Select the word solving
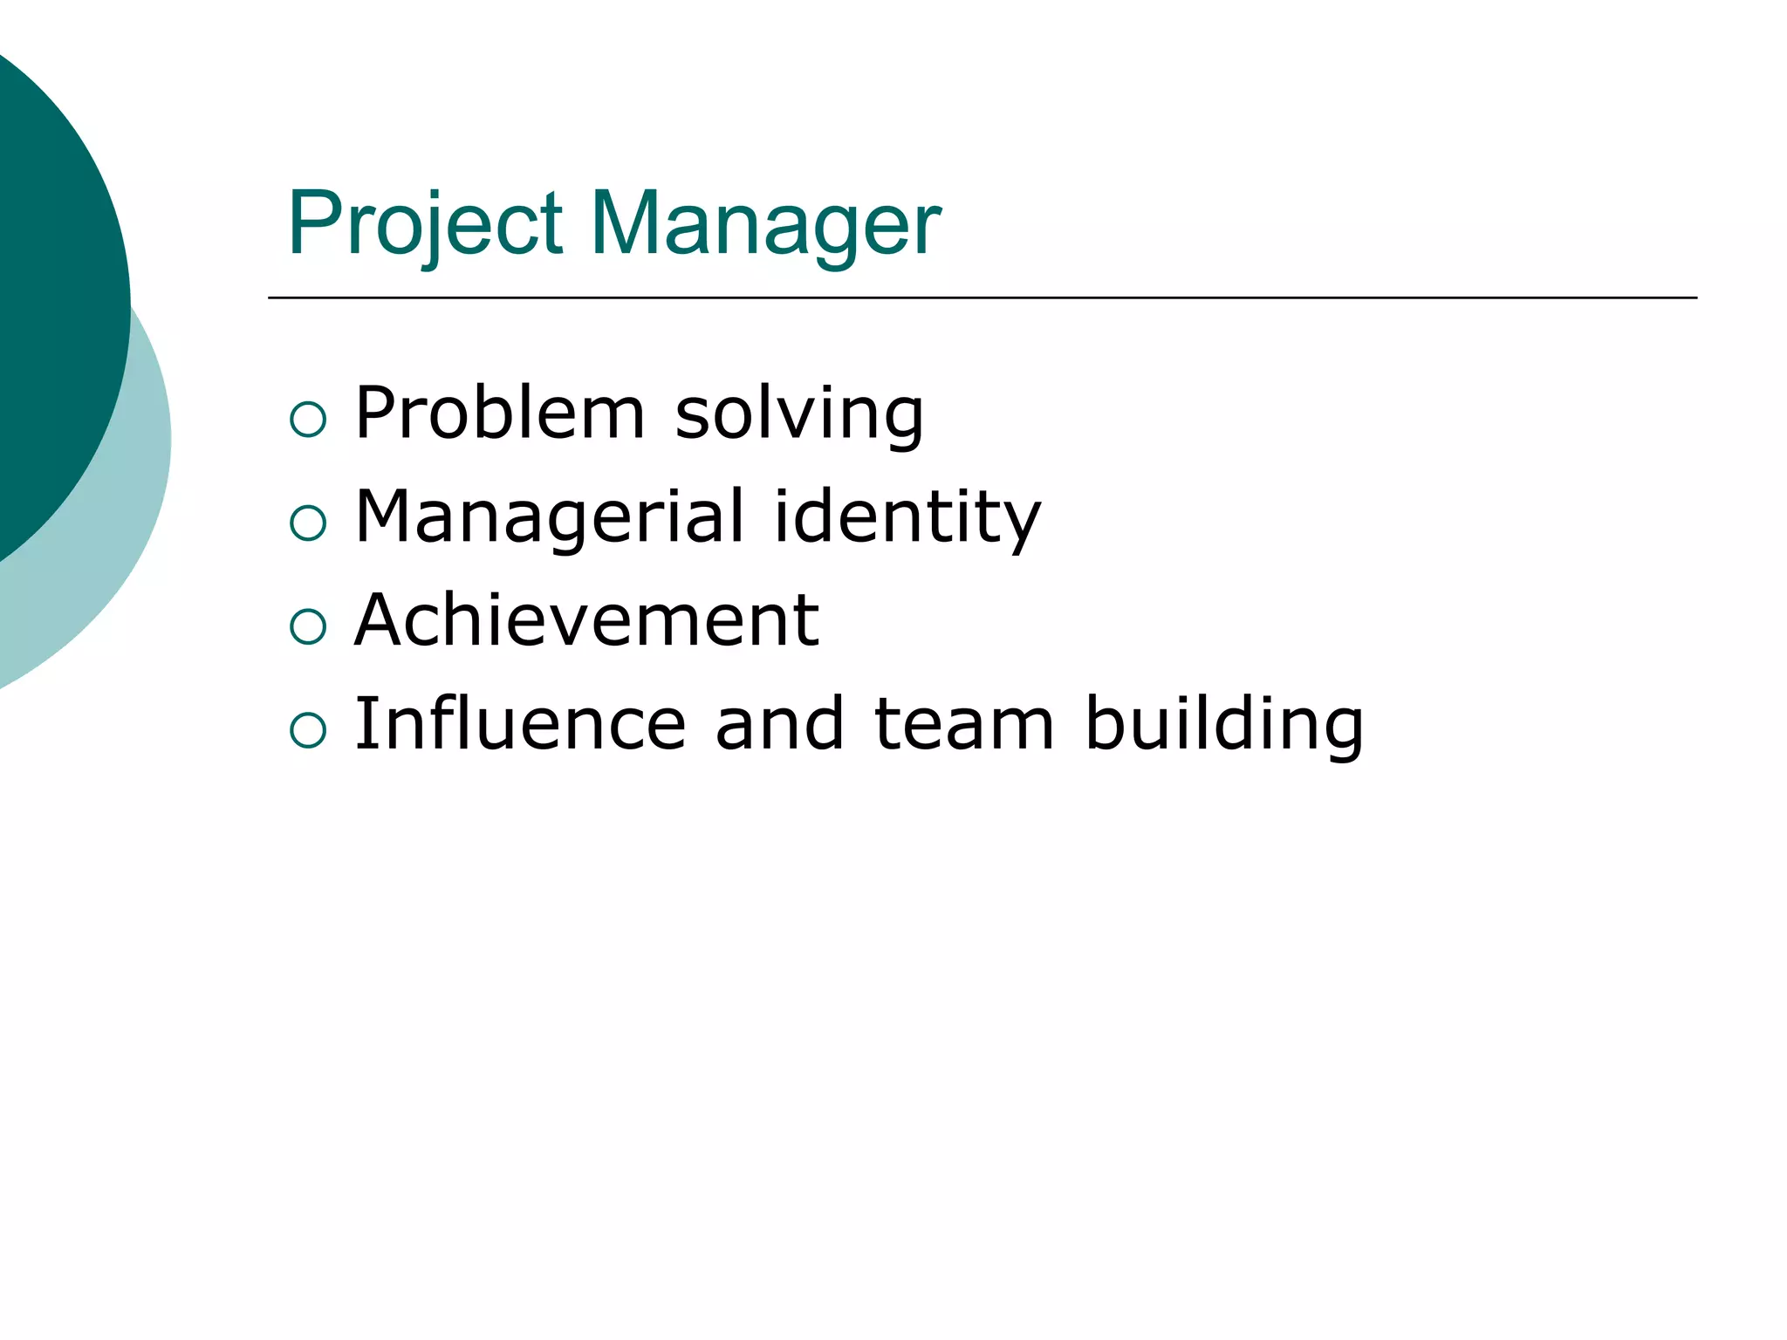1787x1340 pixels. coord(799,414)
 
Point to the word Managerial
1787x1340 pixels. coord(551,517)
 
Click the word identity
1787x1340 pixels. coord(907,517)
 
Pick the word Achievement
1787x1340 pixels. coord(586,620)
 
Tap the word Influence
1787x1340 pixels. coord(520,723)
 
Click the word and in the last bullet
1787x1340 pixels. coord(779,723)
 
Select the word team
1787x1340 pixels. coord(964,723)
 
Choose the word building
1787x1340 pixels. coord(1224,725)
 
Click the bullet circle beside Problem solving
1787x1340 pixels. coord(307,420)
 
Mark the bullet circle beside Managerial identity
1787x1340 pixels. coord(307,523)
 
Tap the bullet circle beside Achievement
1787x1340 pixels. coord(307,626)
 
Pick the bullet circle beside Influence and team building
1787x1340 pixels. coord(307,729)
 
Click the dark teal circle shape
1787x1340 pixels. coord(52,297)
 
